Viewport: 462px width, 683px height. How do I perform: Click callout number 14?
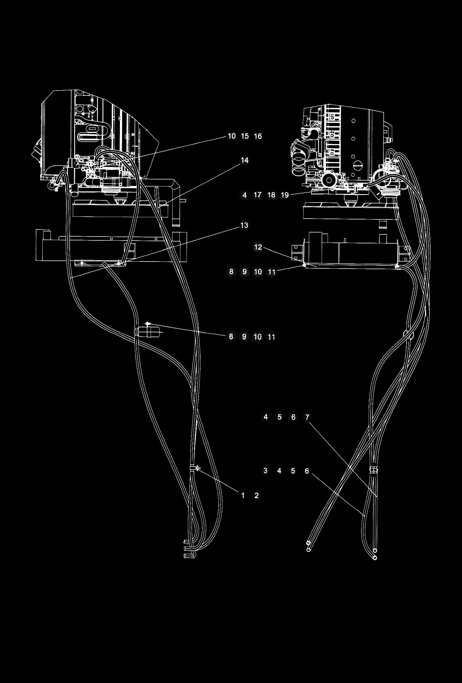click(x=244, y=160)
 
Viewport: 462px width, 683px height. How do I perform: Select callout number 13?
click(x=244, y=225)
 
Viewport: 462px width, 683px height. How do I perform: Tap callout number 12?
click(x=258, y=247)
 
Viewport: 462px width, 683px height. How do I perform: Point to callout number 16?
click(x=258, y=136)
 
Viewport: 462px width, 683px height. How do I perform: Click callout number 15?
click(x=245, y=136)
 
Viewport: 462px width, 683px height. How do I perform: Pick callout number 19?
click(x=285, y=195)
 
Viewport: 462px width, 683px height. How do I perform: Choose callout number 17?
click(x=258, y=195)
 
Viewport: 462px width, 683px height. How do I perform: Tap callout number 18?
click(x=271, y=195)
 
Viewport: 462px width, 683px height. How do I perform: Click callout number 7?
click(x=307, y=417)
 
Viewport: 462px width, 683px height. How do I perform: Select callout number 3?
click(x=265, y=471)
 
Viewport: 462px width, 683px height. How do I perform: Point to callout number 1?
click(x=243, y=495)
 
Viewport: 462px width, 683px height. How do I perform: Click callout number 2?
click(x=257, y=495)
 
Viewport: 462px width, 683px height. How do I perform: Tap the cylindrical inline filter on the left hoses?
click(x=152, y=331)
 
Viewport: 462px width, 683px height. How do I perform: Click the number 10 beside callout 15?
click(x=232, y=136)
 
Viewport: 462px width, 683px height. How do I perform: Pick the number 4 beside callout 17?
click(x=244, y=195)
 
